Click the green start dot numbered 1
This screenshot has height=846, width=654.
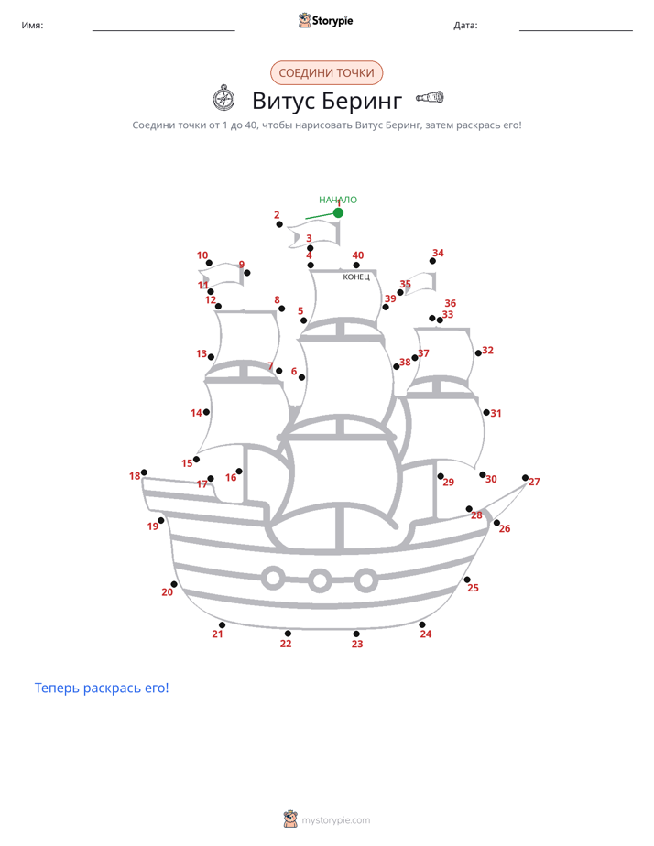coord(338,213)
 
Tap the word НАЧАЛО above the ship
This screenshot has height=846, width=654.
coord(338,200)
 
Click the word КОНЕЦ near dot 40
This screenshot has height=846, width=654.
coord(356,277)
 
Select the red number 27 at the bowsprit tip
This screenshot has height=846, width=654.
coord(534,482)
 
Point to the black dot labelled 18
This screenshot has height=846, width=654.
coord(144,472)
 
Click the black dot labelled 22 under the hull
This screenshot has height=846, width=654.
coord(288,634)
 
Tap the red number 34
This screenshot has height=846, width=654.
coord(438,253)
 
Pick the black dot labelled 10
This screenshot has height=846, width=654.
coord(210,263)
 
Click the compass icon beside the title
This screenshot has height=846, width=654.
coord(223,98)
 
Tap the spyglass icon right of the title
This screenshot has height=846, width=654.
coord(430,98)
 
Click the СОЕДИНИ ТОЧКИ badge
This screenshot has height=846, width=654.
coord(326,73)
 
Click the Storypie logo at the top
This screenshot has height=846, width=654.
coord(326,20)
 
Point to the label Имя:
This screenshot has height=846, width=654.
coord(32,25)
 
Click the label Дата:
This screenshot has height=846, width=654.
coord(465,25)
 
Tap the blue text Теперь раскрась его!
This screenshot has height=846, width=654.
coord(102,688)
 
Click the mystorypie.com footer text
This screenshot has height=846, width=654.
coord(335,820)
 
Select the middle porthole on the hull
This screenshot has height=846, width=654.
coord(320,580)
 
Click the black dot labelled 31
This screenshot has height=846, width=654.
coord(486,412)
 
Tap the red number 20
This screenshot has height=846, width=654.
coord(168,591)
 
